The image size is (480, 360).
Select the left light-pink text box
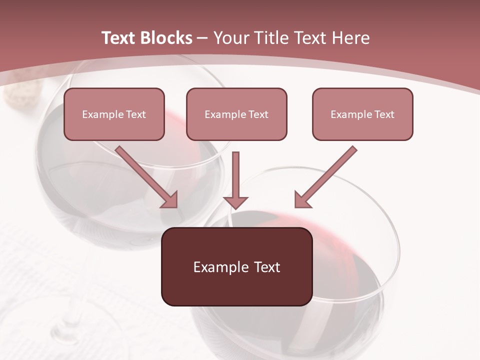point(114,114)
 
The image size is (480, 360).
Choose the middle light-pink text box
point(236,114)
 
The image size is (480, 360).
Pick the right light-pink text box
point(362,114)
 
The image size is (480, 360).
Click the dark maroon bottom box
point(236,266)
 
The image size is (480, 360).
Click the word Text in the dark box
point(267,267)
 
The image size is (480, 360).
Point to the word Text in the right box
point(384,114)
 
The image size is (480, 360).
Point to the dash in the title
point(202,38)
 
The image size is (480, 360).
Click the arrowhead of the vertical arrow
point(235,201)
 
